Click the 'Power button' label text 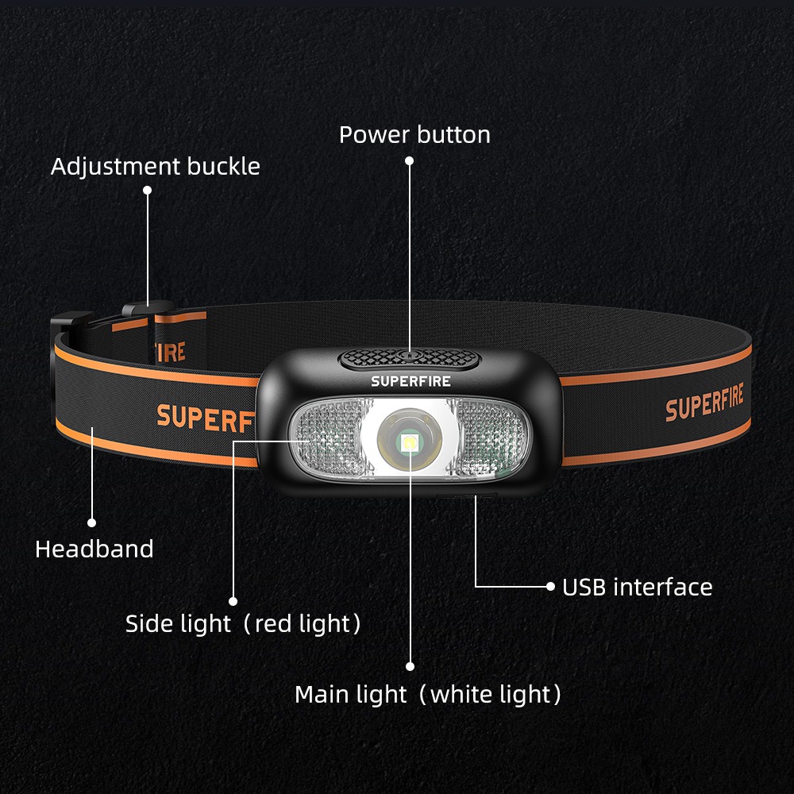(414, 135)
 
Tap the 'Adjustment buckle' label (156, 167)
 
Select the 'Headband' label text (94, 549)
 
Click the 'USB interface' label (637, 588)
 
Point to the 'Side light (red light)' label (243, 624)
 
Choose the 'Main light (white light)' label (428, 695)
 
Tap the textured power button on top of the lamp (410, 359)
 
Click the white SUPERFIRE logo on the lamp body (410, 381)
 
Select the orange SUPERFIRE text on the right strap (704, 404)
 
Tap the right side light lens (492, 438)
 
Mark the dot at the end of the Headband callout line (91, 522)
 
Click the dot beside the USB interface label (551, 587)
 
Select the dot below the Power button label (410, 160)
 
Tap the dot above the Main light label (410, 666)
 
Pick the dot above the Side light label (233, 601)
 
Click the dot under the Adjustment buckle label (147, 190)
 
